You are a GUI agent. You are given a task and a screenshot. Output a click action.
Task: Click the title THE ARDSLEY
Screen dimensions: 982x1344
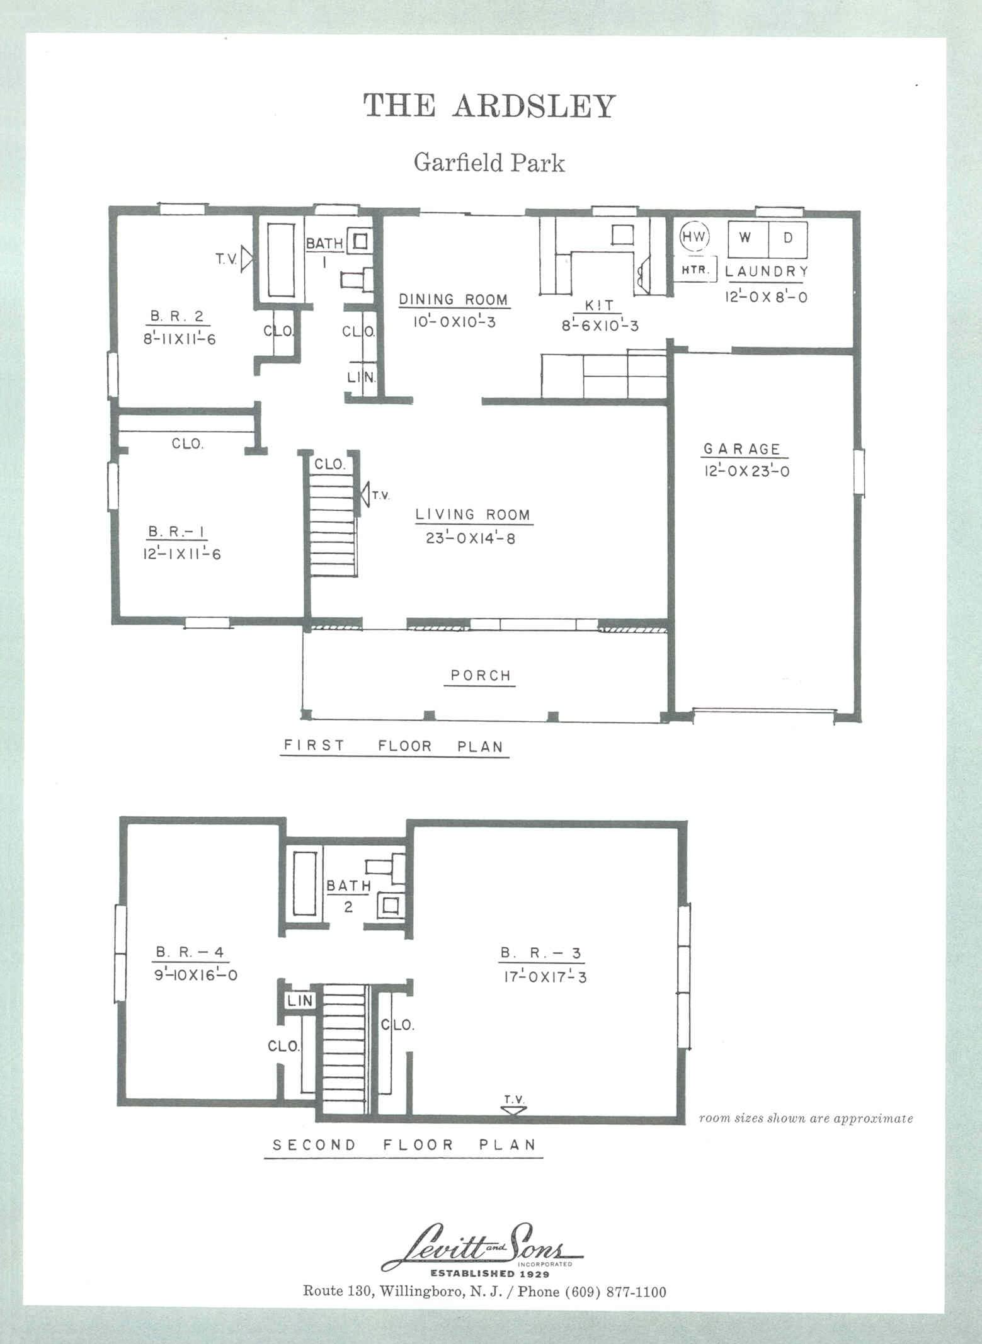[489, 106]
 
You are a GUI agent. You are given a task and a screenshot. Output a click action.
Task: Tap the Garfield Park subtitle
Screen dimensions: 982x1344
[489, 162]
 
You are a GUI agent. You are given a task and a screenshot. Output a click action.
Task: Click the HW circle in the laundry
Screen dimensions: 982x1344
[695, 237]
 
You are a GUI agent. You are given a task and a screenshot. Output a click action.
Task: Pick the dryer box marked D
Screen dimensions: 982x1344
[787, 239]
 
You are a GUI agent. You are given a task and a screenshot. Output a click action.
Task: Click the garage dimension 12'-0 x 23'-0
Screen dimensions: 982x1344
[746, 471]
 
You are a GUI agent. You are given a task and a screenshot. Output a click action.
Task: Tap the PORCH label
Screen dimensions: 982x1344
[481, 676]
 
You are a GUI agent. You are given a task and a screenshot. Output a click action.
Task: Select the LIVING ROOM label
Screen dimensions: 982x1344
[473, 515]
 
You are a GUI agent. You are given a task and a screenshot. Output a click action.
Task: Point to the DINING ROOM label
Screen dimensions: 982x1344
[454, 299]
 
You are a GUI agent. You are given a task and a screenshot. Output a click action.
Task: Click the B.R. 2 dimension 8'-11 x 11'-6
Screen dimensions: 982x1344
[180, 339]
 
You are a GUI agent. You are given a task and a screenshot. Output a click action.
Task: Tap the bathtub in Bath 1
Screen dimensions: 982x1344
[282, 259]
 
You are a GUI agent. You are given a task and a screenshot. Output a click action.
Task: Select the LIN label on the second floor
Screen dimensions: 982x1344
[300, 1000]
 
